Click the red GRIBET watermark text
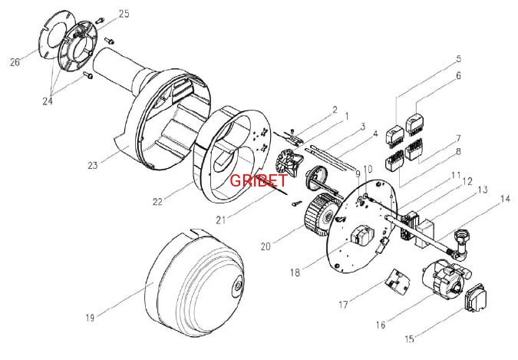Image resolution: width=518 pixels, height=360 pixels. (259, 180)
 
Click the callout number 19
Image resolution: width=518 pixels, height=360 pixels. (91, 318)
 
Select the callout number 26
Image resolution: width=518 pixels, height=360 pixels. (15, 62)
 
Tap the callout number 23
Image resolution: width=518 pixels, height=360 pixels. (93, 165)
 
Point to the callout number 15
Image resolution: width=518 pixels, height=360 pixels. (409, 339)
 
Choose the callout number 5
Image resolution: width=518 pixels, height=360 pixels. (459, 59)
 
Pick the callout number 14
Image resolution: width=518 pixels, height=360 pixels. (505, 199)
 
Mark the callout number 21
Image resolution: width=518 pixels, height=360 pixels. (221, 220)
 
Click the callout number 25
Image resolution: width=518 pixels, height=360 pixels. (124, 14)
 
